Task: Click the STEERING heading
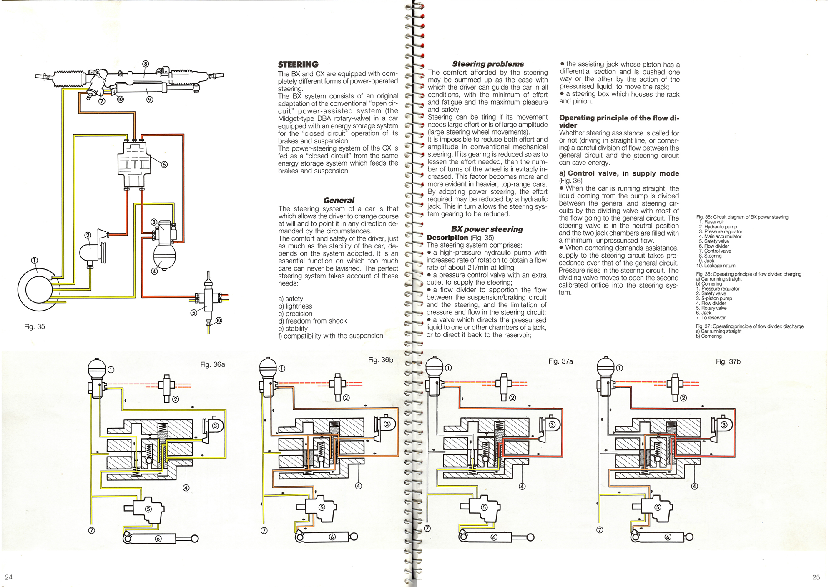(x=298, y=65)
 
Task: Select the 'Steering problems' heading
(x=488, y=64)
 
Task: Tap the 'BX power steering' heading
(x=487, y=229)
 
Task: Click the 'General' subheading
(x=339, y=200)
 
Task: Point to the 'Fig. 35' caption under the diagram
(x=35, y=327)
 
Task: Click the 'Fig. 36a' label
(x=213, y=364)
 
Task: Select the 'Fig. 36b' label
(x=381, y=360)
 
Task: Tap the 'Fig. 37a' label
(x=560, y=361)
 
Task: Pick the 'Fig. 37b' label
(x=728, y=362)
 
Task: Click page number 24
(x=9, y=577)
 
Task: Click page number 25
(x=816, y=577)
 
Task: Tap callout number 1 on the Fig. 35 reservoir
(x=35, y=261)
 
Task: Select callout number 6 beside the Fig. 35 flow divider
(x=164, y=165)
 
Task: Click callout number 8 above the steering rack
(x=146, y=64)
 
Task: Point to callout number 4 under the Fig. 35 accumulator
(x=154, y=271)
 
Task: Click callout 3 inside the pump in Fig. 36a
(x=216, y=426)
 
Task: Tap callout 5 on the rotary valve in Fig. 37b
(x=658, y=507)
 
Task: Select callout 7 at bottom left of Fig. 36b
(x=264, y=531)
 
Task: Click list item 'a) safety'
(x=291, y=299)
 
